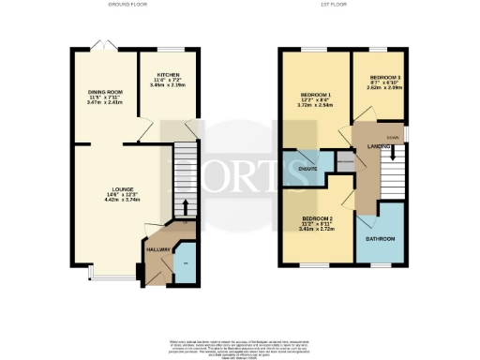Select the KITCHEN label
(169, 74)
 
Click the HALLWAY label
(157, 248)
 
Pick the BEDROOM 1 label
(315, 96)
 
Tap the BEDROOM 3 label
(384, 77)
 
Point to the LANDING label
(380, 146)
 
